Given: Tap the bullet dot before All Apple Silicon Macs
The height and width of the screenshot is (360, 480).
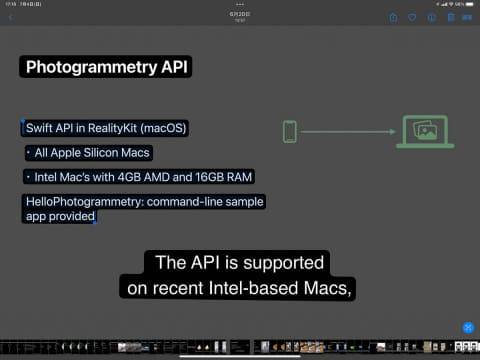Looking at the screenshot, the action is click(x=28, y=153).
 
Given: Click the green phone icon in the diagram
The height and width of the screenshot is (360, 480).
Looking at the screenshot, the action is click(x=290, y=131).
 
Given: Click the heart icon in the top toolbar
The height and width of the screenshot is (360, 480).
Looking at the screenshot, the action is click(x=411, y=17).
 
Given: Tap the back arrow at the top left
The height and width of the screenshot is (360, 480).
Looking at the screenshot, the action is click(x=10, y=17).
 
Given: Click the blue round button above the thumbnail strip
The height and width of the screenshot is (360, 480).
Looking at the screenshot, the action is click(x=467, y=327).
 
